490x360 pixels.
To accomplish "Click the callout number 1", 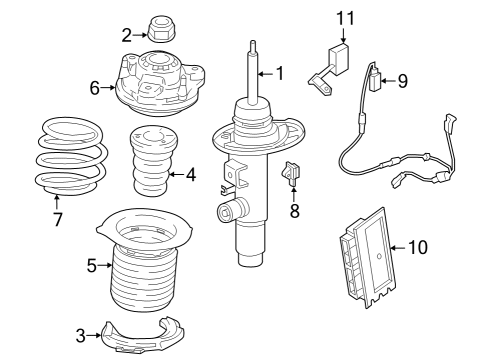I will coord(280,72).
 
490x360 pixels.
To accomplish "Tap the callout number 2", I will coord(127,35).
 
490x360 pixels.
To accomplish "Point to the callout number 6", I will coord(95,88).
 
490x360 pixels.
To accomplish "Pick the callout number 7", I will coord(57,219).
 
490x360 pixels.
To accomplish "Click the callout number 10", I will coord(417,245).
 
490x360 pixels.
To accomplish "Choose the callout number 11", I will coord(345,18).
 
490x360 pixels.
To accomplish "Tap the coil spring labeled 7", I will coord(66,156).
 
